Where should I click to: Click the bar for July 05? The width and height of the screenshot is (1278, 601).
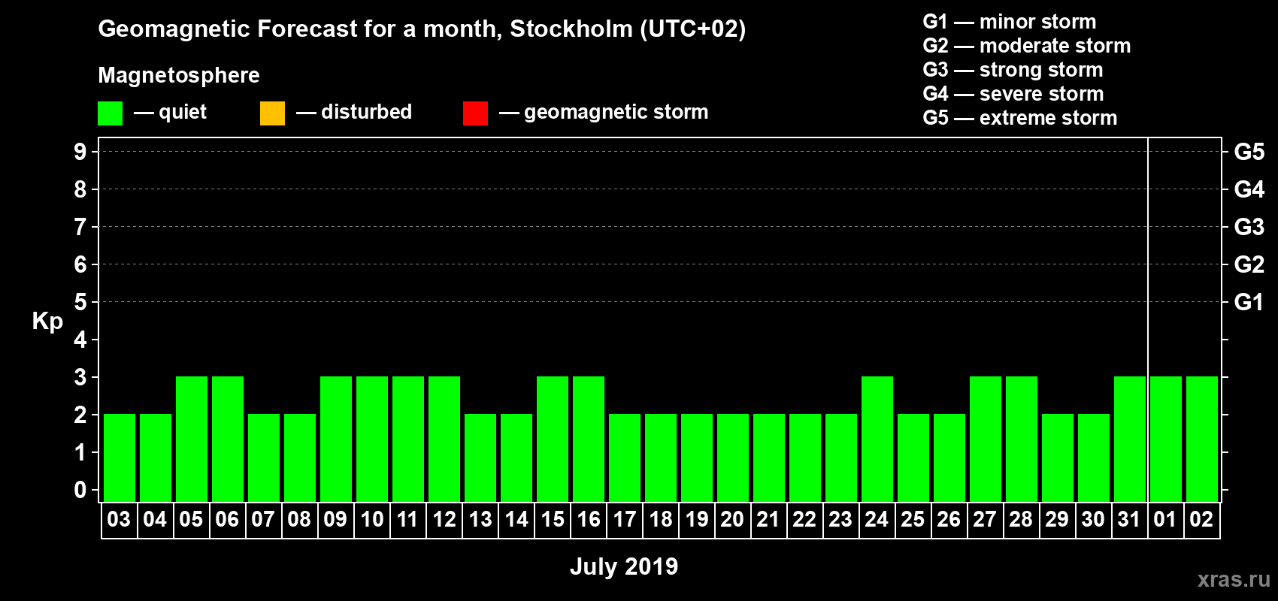192,439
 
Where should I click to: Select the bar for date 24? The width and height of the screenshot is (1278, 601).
877,439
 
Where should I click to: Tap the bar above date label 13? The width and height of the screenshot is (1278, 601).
480,458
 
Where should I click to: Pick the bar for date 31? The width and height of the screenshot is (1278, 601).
1130,439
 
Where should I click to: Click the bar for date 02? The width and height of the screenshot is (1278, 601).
1202,439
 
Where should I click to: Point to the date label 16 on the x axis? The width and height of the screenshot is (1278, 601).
589,519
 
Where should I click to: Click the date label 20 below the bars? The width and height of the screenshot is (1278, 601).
732,519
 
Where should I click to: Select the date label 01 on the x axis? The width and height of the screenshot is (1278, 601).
1165,519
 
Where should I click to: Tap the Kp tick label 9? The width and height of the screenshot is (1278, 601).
80,152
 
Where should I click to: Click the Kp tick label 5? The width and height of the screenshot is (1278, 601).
80,302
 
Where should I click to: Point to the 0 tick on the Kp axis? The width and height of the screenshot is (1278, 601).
80,490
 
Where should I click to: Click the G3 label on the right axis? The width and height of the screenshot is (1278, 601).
1249,227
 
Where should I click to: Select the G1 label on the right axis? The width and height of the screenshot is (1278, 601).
1249,302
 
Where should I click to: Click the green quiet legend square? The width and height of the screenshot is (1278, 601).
111,113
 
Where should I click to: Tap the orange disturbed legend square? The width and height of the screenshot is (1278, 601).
272,113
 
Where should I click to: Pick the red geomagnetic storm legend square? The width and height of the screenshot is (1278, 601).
475,113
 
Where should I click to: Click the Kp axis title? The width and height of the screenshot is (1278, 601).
47,321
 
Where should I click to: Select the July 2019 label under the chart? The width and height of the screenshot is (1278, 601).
624,566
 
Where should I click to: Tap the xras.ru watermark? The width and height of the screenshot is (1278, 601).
1234,579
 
